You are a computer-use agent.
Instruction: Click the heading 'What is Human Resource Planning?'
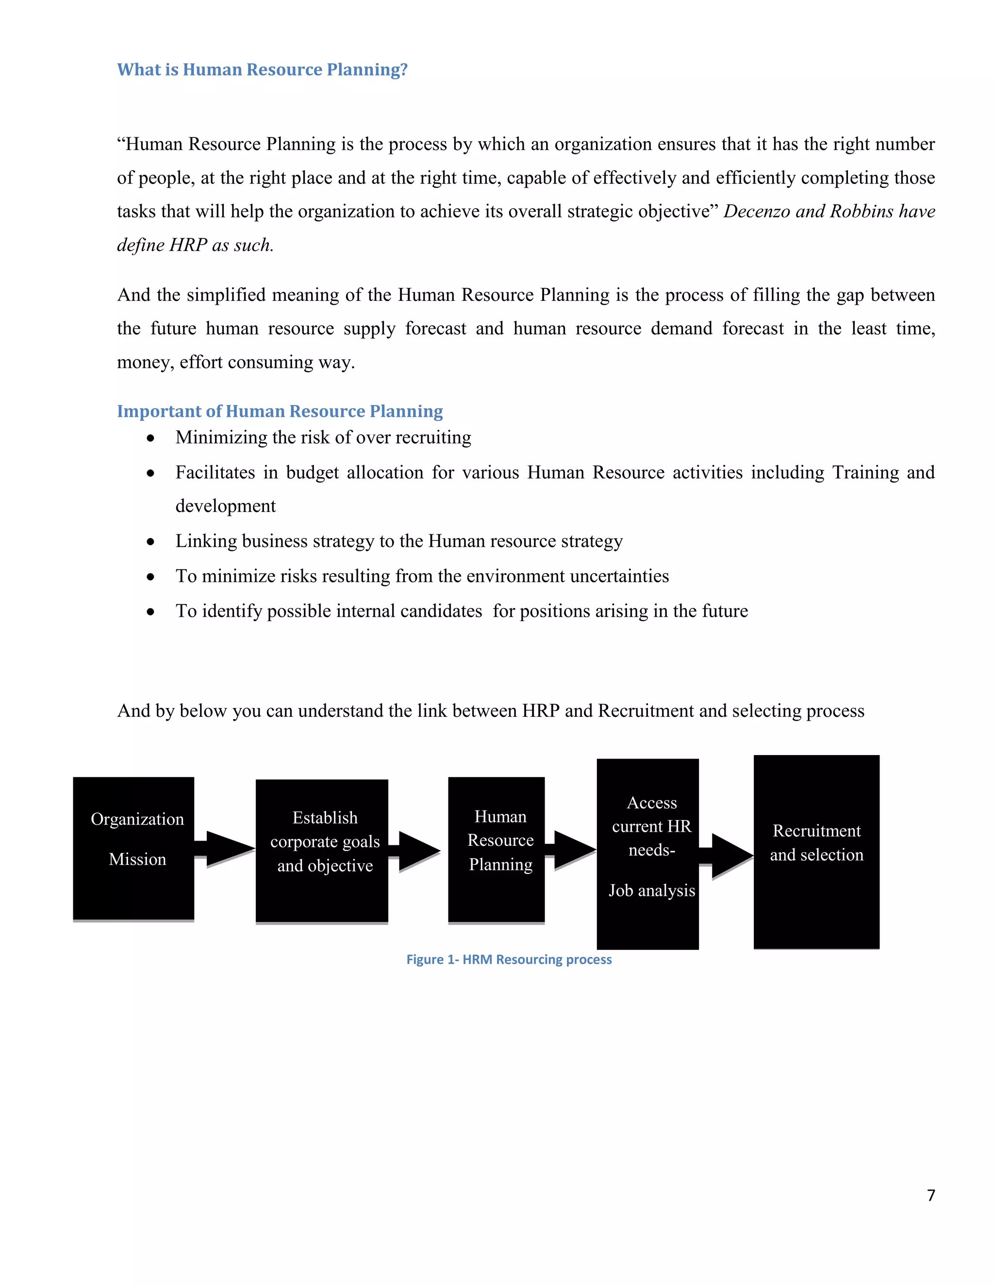pyautogui.click(x=262, y=69)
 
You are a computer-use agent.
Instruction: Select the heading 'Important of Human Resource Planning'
pyautogui.click(x=280, y=411)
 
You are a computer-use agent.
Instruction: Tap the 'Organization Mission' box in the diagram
pyautogui.click(x=133, y=848)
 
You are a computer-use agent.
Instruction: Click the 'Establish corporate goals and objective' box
pyautogui.click(x=321, y=850)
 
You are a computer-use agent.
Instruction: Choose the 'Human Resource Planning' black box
pyautogui.click(x=496, y=849)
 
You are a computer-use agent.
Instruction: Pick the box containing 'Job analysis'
pyautogui.click(x=648, y=854)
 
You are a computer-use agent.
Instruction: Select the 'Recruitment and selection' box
pyautogui.click(x=816, y=852)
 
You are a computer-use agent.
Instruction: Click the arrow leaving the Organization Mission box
pyautogui.click(x=226, y=848)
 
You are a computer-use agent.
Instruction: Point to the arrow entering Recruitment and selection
pyautogui.click(x=728, y=855)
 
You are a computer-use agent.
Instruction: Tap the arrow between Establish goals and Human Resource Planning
pyautogui.click(x=416, y=850)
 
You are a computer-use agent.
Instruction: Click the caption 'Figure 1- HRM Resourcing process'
pyautogui.click(x=509, y=959)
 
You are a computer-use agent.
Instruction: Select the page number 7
pyautogui.click(x=931, y=1195)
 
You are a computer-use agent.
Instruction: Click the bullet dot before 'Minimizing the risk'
pyautogui.click(x=151, y=438)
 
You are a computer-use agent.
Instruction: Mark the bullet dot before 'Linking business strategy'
pyautogui.click(x=151, y=542)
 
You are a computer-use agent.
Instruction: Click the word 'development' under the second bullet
pyautogui.click(x=226, y=506)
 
